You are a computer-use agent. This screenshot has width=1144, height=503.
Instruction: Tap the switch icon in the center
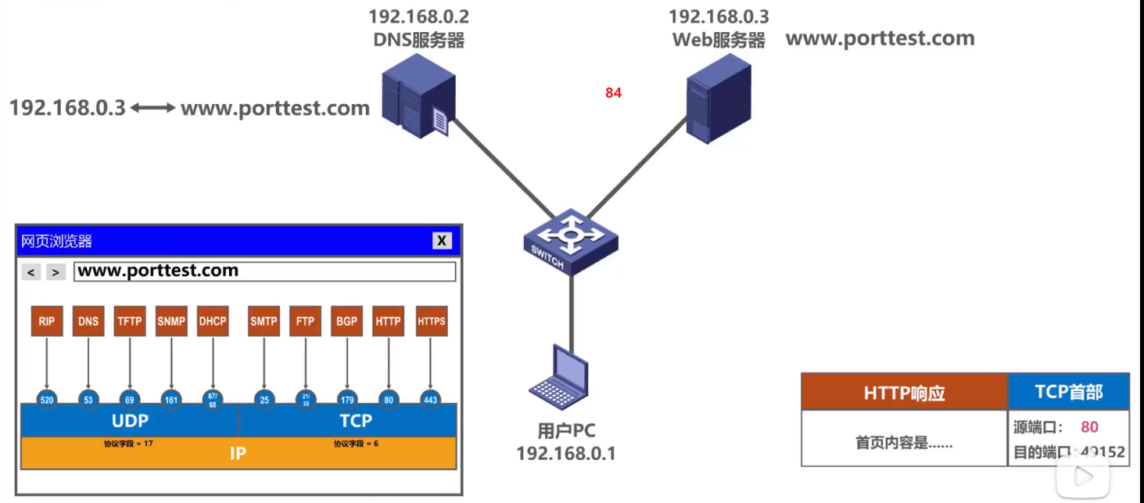(571, 238)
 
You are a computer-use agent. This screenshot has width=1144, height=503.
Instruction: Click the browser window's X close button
(442, 241)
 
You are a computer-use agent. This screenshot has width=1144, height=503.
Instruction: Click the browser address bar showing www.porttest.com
(264, 271)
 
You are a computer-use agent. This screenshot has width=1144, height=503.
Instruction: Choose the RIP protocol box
(47, 322)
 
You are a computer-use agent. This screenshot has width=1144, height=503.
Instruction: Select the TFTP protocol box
(130, 322)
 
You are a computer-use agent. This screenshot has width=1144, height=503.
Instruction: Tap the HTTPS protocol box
(431, 322)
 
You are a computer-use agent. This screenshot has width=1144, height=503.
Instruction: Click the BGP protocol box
(346, 322)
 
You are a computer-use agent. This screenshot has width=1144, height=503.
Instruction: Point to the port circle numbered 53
(88, 400)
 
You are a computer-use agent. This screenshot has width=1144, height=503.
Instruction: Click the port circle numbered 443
(430, 400)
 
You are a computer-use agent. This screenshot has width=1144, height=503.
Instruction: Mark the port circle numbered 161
(171, 400)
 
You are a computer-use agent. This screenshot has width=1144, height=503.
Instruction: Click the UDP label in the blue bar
(130, 421)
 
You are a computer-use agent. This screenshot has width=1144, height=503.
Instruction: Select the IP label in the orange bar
(238, 454)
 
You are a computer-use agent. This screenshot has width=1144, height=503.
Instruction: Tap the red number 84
(613, 93)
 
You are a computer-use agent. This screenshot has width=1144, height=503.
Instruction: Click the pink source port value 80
(1089, 427)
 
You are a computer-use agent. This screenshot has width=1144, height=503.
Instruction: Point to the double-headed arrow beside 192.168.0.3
(153, 108)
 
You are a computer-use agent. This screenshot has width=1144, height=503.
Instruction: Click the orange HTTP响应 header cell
(904, 393)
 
